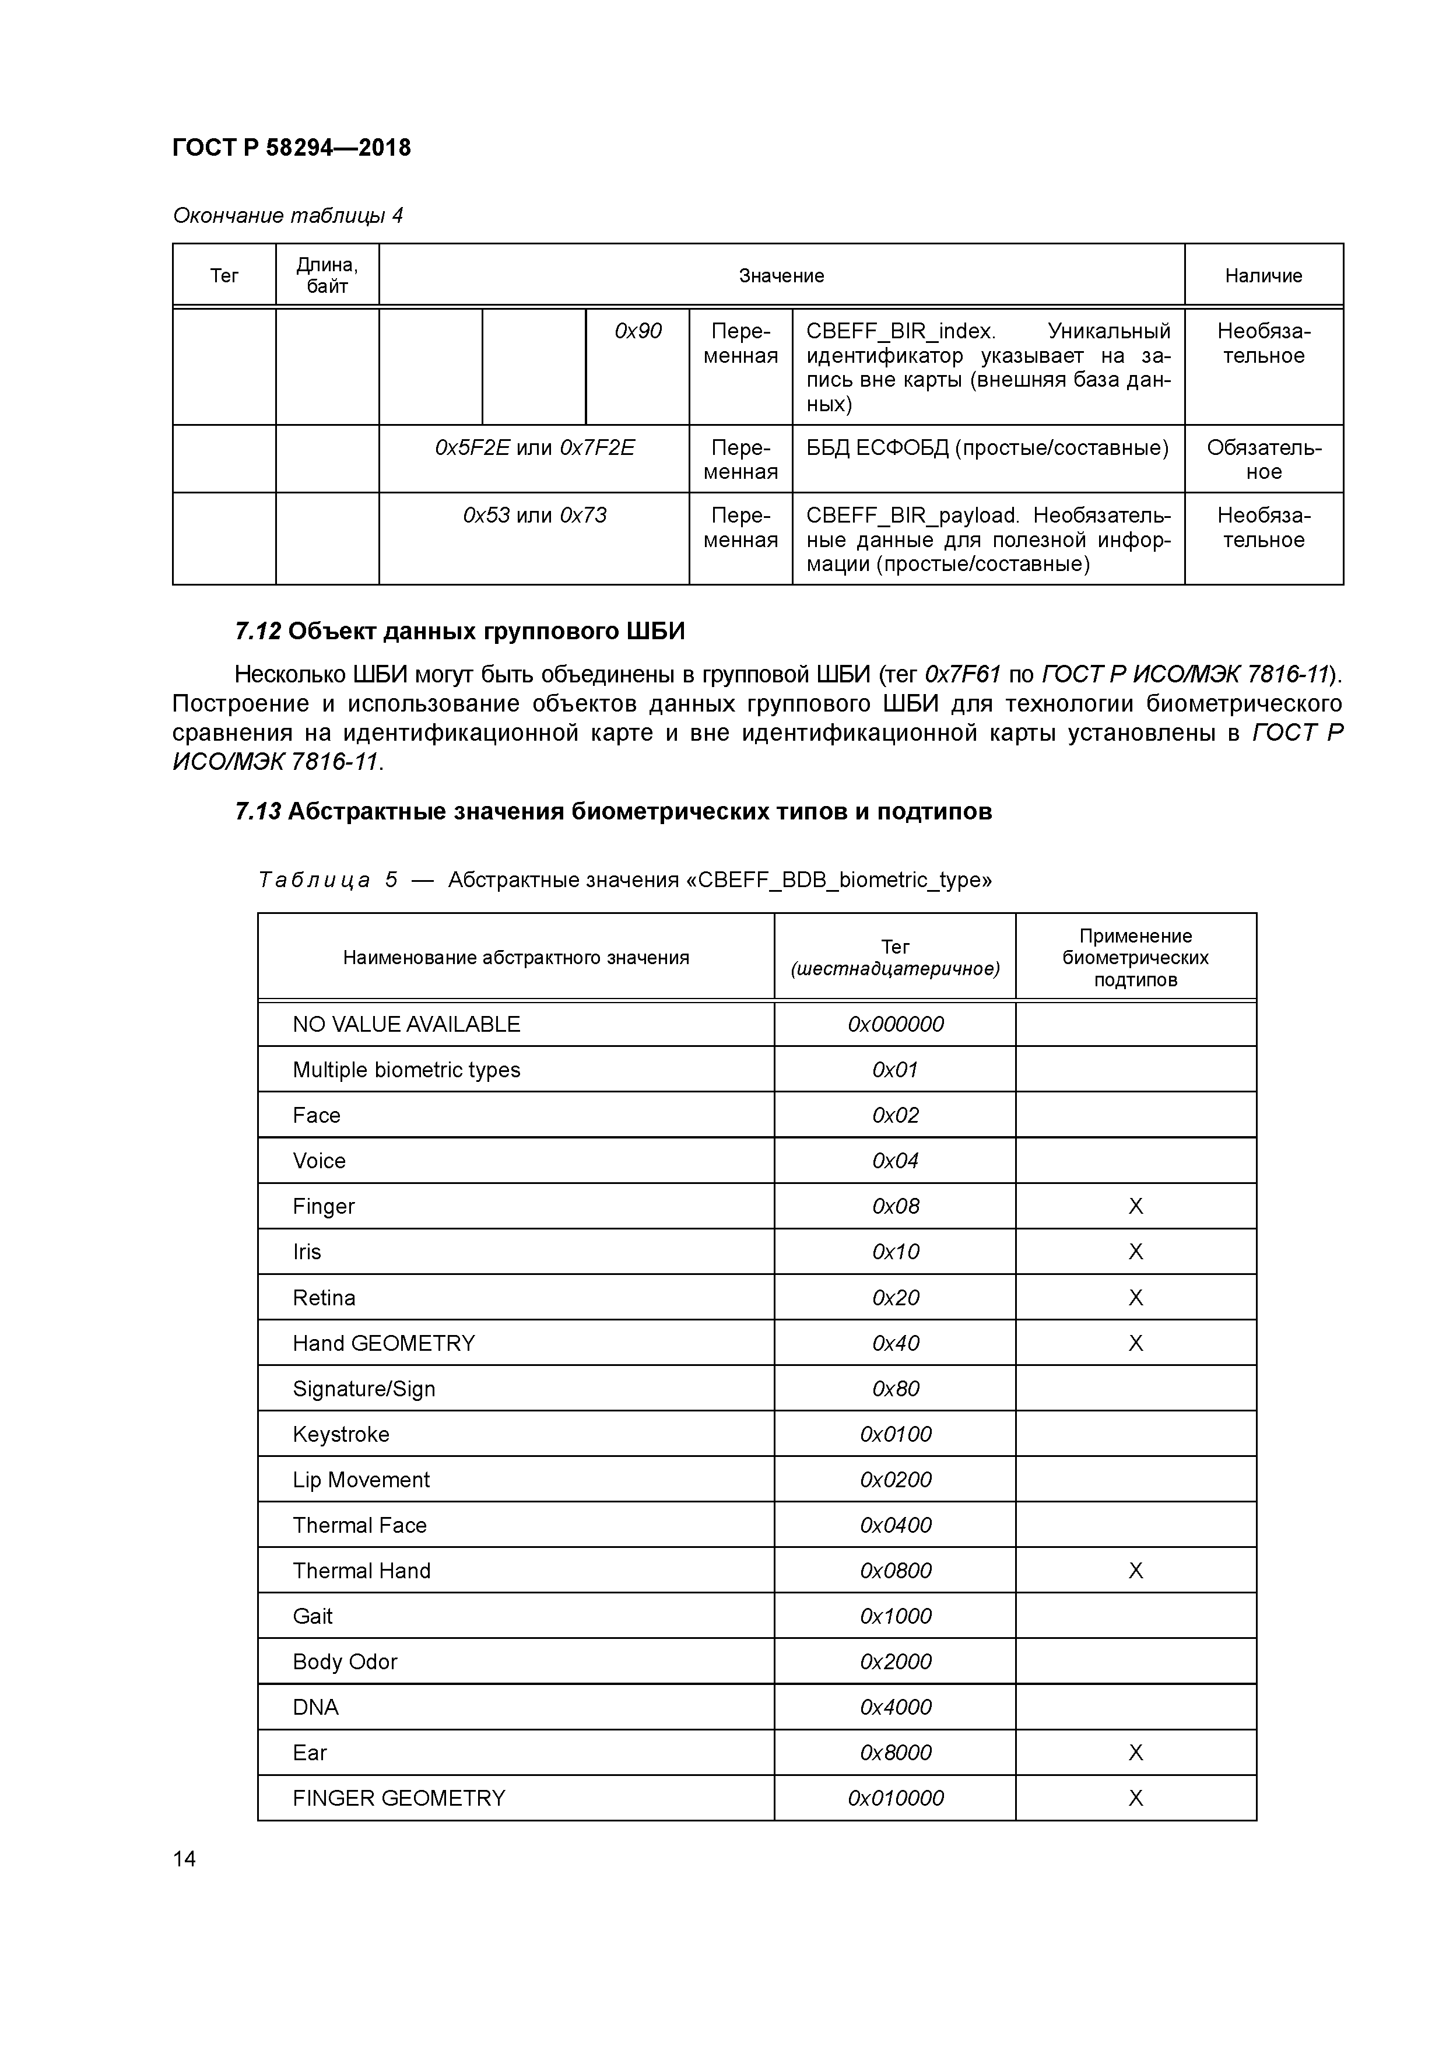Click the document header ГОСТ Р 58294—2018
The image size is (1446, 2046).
(x=292, y=148)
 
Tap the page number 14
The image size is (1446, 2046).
(x=184, y=1859)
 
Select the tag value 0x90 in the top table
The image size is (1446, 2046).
(x=638, y=331)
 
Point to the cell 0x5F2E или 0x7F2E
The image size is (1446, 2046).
(x=535, y=447)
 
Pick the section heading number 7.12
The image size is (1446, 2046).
(x=258, y=632)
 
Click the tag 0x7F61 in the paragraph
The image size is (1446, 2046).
(x=963, y=674)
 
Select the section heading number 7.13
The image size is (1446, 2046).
(x=258, y=812)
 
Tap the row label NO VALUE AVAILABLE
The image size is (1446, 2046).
(x=406, y=1025)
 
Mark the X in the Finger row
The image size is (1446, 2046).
(x=1135, y=1207)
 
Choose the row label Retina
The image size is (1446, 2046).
(x=324, y=1298)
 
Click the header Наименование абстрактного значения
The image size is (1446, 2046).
(x=516, y=958)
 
